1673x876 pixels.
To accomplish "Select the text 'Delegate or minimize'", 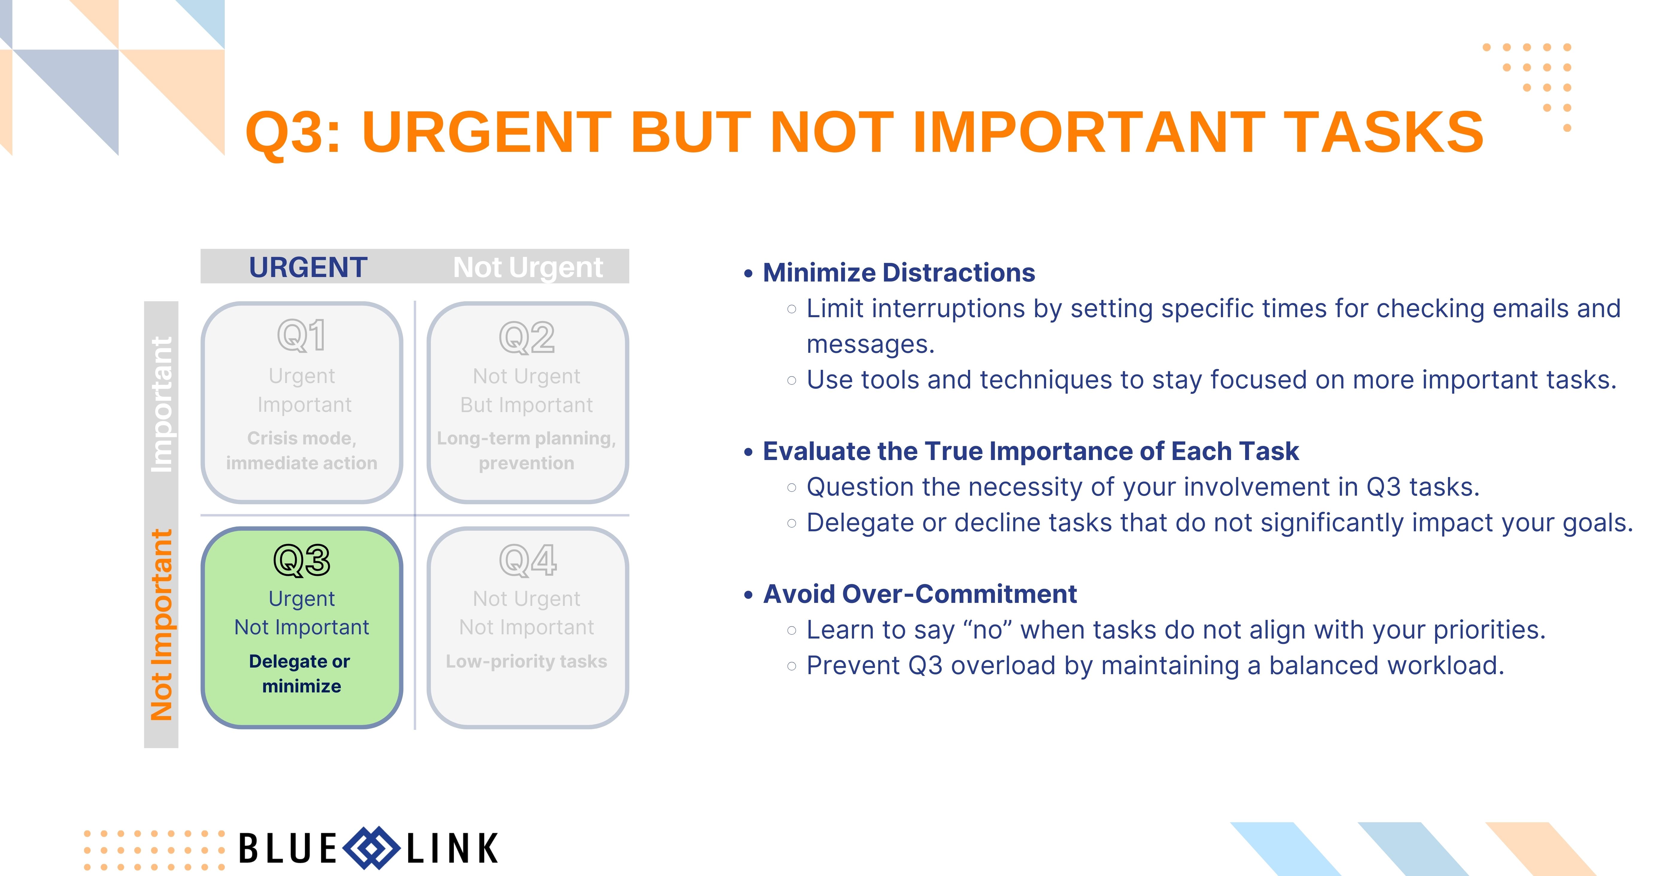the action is pos(301,673).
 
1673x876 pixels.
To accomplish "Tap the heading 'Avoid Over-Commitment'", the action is pos(920,594).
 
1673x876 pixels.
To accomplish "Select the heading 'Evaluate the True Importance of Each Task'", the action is pos(1031,451).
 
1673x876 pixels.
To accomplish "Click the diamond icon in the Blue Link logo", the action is pos(371,848).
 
